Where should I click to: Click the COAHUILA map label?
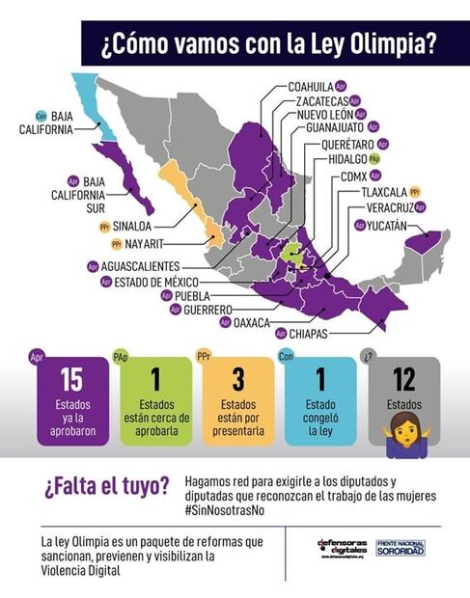click(316, 86)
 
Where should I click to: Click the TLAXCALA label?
click(384, 192)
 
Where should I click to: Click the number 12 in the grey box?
click(404, 378)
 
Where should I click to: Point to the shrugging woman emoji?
click(404, 432)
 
